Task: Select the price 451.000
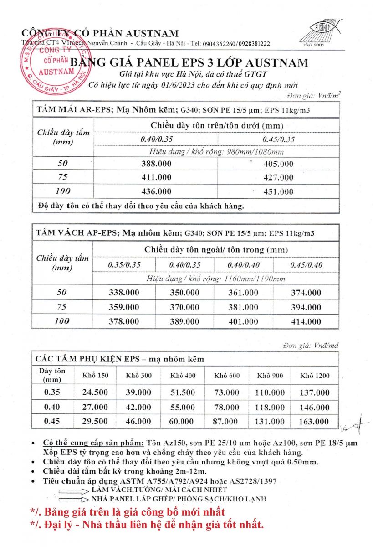[279, 192]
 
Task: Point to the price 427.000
[279, 178]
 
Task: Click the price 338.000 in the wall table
[124, 293]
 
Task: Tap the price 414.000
[306, 321]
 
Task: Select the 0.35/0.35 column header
[124, 265]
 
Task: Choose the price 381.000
[243, 307]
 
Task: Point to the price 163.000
[314, 422]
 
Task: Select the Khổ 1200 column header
[315, 376]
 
